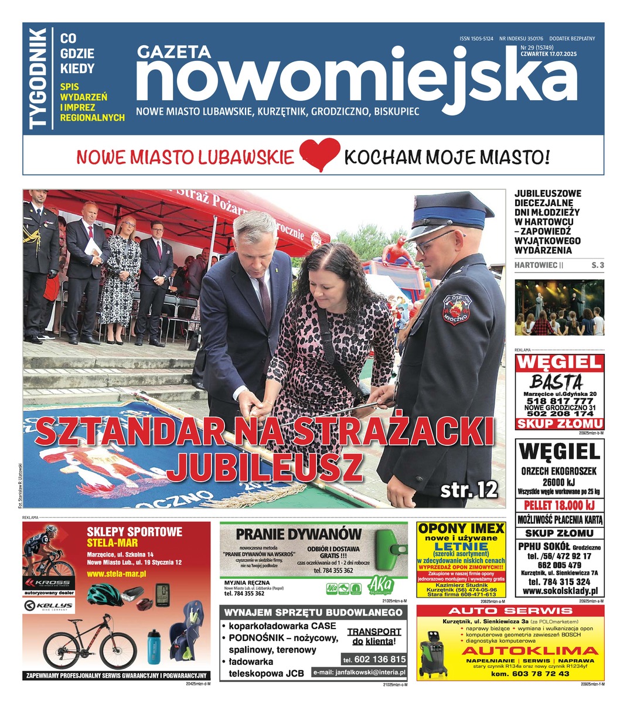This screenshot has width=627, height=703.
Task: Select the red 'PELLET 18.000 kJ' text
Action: [559, 505]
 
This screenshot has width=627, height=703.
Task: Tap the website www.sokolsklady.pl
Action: [560, 592]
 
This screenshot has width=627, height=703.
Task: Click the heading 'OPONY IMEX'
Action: [461, 528]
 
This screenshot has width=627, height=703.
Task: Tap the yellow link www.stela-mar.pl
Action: [116, 574]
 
